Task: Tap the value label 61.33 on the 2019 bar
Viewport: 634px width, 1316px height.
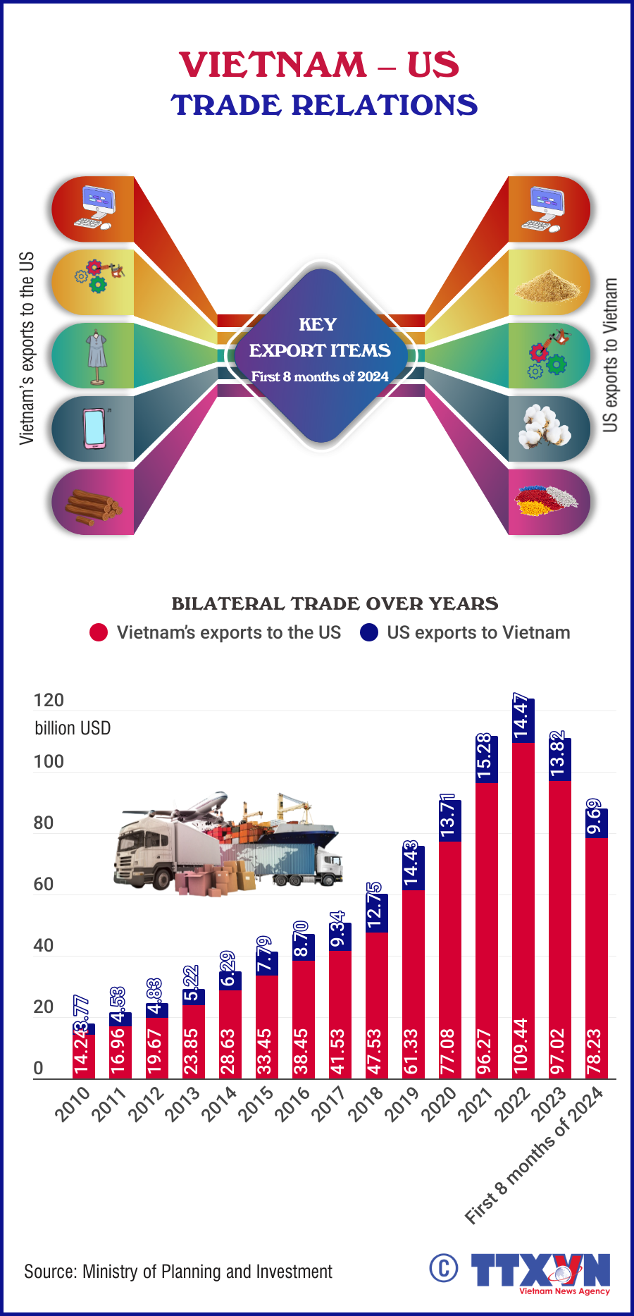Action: [413, 1051]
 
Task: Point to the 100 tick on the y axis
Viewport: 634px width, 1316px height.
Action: [49, 762]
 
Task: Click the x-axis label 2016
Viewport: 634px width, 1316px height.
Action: [292, 1104]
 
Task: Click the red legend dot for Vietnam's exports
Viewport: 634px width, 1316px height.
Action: [99, 632]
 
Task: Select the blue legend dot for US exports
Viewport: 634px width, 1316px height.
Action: [369, 632]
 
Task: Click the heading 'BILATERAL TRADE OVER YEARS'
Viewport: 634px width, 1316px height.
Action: [335, 603]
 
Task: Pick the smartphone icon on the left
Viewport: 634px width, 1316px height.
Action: [94, 428]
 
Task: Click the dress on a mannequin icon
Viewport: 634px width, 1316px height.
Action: [97, 356]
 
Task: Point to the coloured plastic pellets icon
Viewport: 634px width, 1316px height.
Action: [546, 501]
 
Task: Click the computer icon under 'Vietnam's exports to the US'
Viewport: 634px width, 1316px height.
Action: [94, 209]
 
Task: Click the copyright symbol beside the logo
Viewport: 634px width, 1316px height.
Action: [444, 1268]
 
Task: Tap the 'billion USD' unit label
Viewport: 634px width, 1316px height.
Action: [73, 728]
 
